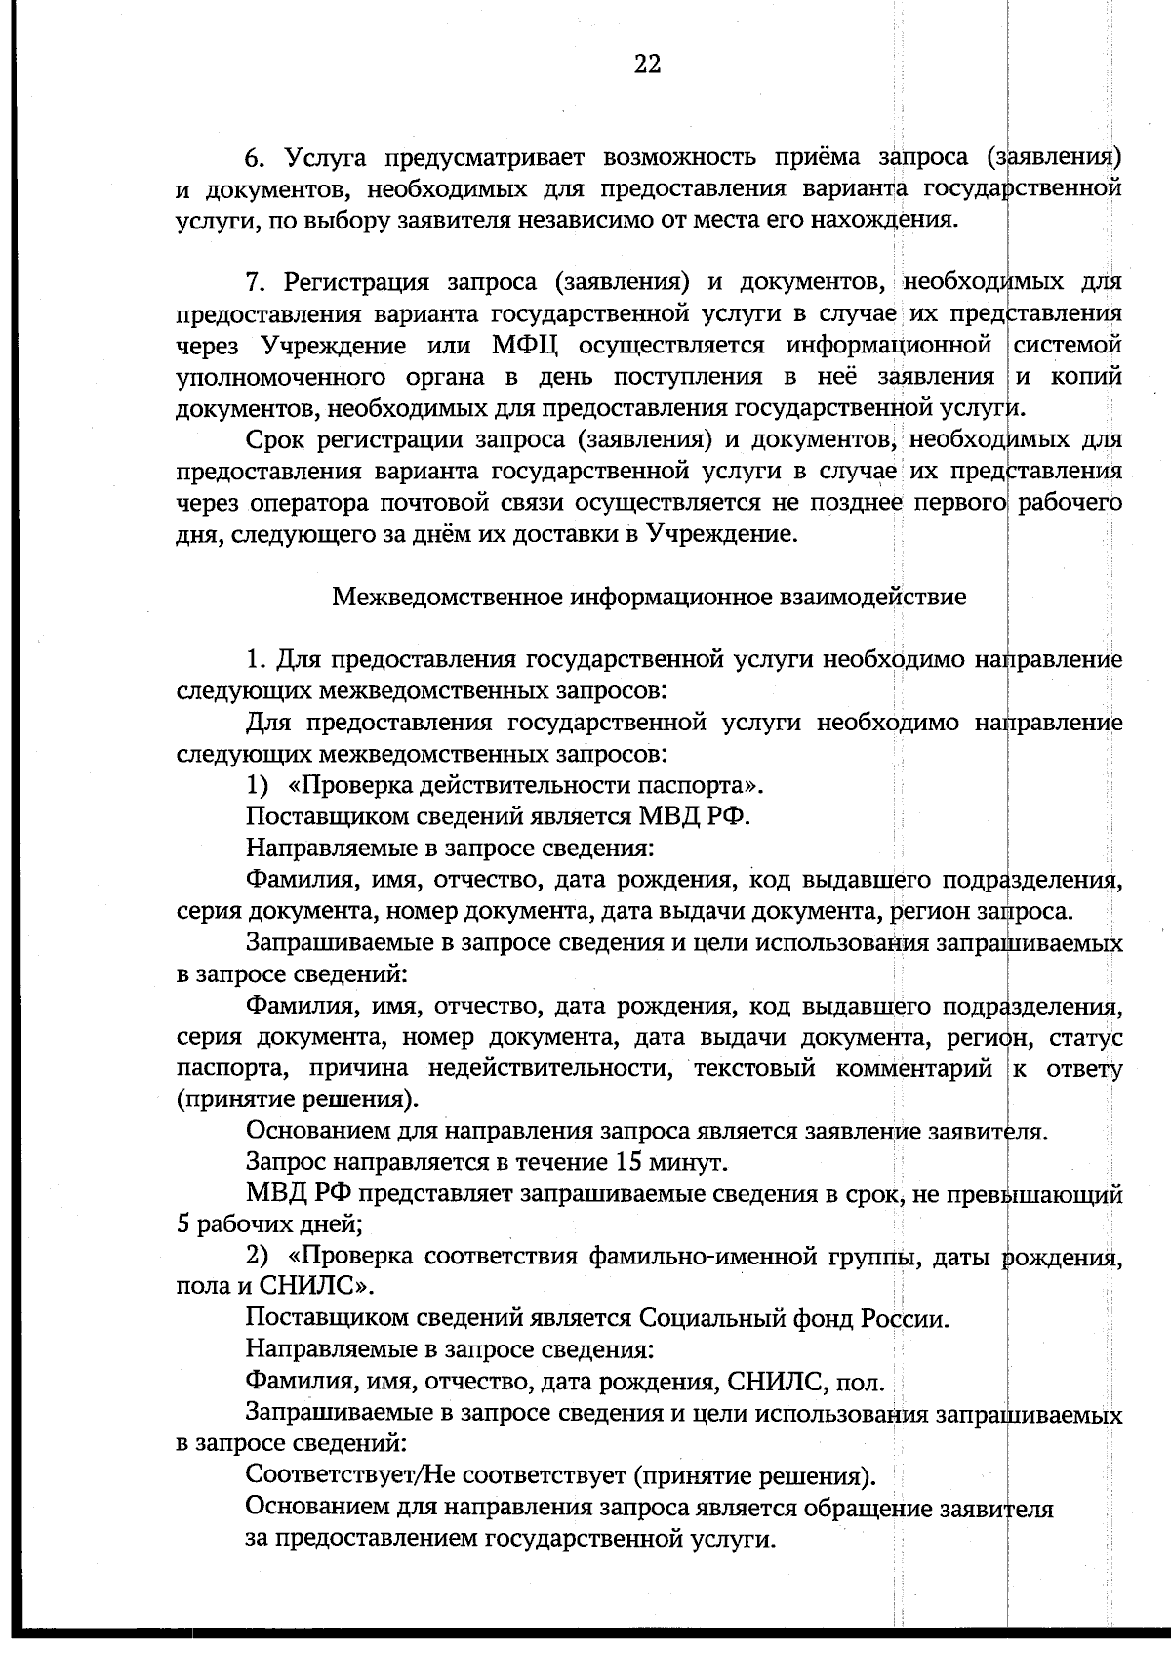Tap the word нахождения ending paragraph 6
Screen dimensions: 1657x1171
[881, 220]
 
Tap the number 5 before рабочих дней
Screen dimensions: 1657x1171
[182, 1226]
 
